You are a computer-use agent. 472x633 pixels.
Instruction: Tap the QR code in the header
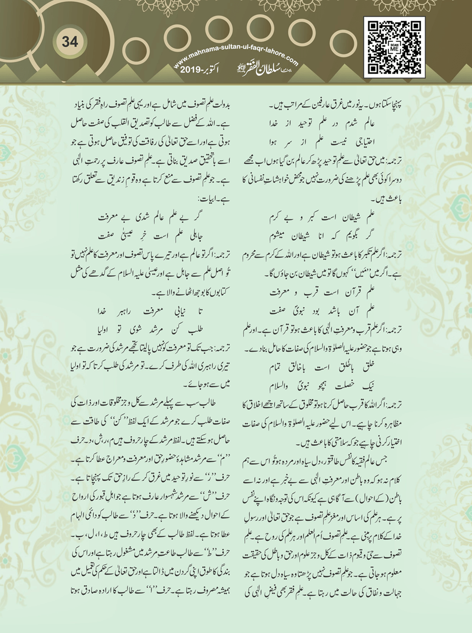(x=394, y=47)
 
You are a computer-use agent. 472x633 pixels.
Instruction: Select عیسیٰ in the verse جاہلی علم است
(x=128, y=236)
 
